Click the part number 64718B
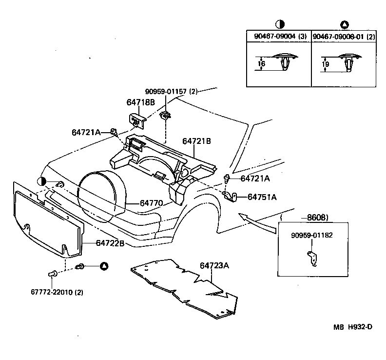pos(141,102)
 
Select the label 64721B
pos(196,141)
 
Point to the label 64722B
pos(110,242)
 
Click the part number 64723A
pos(214,266)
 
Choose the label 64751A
pos(262,197)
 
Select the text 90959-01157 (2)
pos(171,92)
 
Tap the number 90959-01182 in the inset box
pos(312,235)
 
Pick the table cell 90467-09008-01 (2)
pos(344,37)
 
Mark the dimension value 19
pos(326,64)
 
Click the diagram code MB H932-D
pos(353,327)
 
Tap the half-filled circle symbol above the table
pos(280,24)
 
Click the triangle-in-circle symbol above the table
pos(344,24)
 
